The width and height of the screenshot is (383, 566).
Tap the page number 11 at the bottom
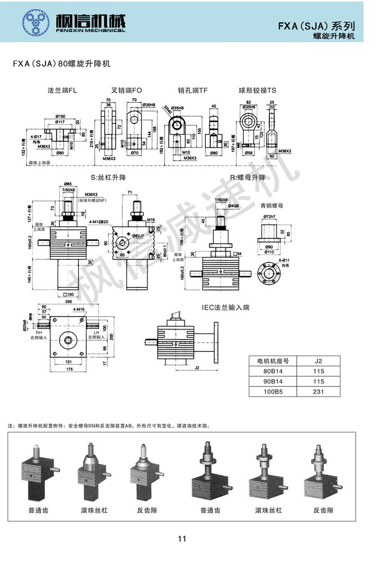pos(182,538)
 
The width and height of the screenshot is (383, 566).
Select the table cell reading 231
pos(318,391)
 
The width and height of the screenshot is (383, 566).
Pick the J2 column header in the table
pos(318,361)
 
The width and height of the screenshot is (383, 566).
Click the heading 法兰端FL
pos(62,90)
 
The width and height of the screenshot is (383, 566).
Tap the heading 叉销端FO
pos(127,90)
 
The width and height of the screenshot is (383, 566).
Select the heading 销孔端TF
pos(193,90)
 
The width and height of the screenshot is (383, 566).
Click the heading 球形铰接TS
pos(257,90)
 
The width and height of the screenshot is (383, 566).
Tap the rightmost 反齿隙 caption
pos(323,510)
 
